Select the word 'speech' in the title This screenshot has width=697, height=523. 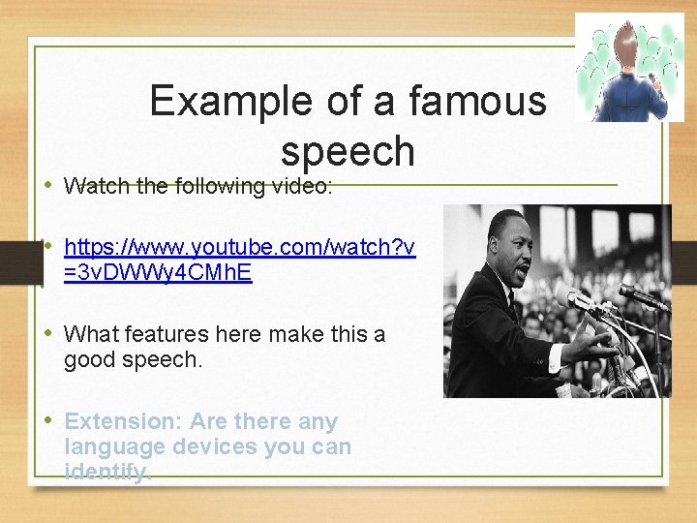[x=348, y=151]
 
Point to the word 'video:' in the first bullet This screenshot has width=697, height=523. [x=301, y=185]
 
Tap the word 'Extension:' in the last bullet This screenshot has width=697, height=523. [x=123, y=421]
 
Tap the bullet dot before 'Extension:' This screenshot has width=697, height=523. [x=49, y=421]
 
